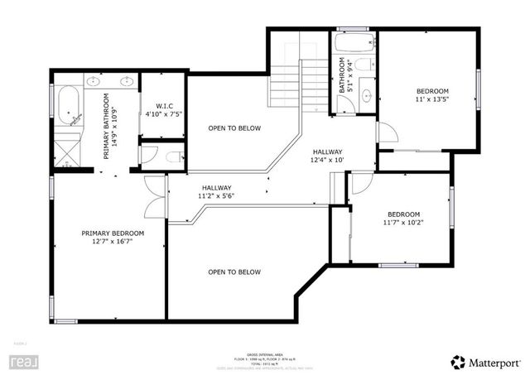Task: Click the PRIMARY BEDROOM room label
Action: (113, 233)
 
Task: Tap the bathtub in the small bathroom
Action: (354, 41)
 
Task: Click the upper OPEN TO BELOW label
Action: (234, 128)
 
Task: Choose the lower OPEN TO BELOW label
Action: (234, 272)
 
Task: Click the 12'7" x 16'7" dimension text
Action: (113, 242)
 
